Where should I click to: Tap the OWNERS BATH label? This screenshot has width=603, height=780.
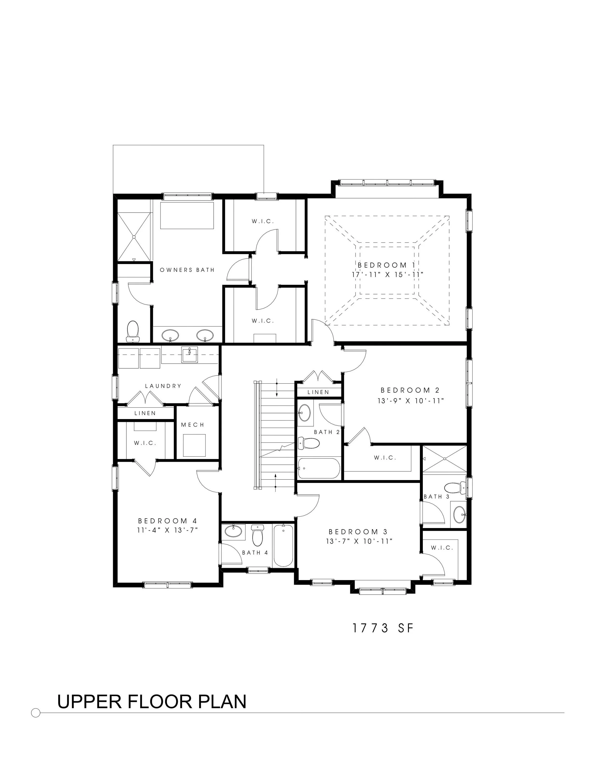(187, 270)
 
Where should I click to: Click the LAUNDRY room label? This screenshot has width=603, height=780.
(163, 386)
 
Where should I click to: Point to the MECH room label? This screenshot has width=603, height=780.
(192, 425)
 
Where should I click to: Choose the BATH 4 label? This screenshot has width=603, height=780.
(255, 552)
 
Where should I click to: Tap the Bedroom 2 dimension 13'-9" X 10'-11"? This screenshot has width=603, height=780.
(411, 401)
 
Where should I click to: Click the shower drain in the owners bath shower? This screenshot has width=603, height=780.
(134, 237)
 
